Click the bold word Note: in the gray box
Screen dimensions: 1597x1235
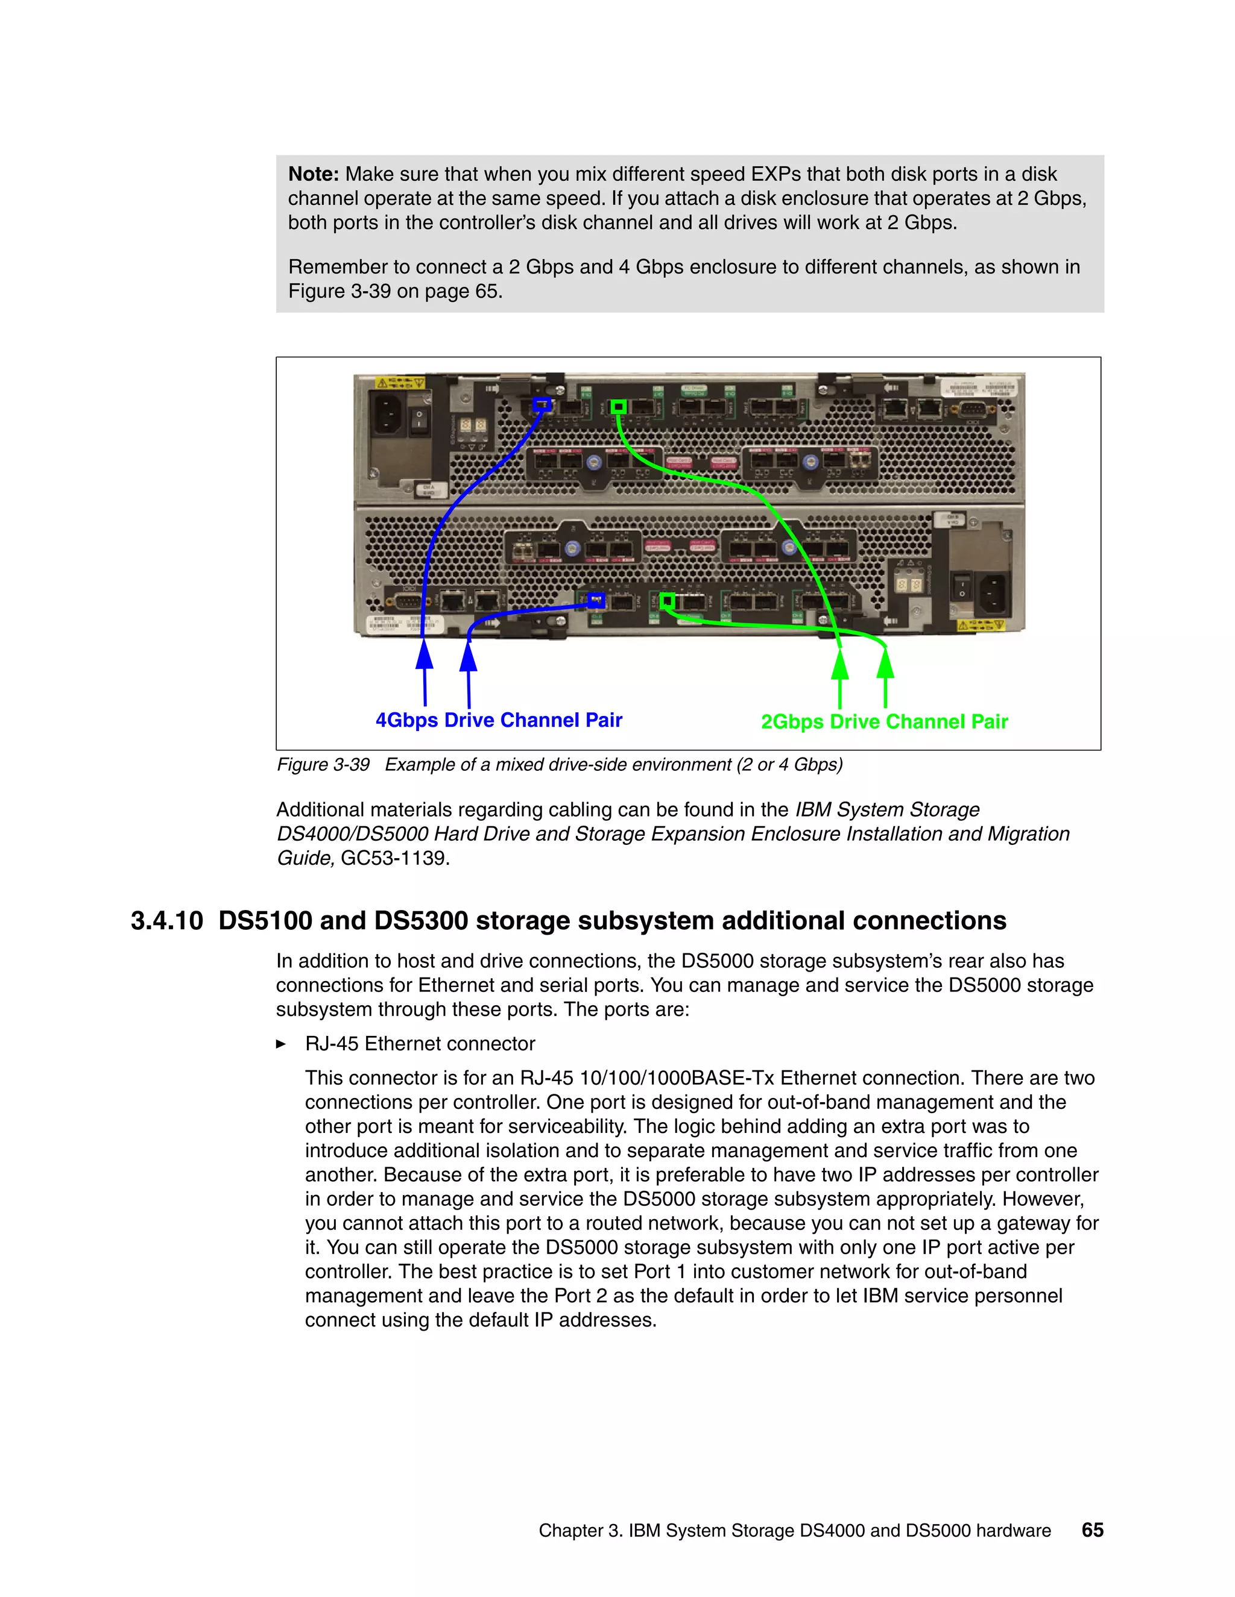pyautogui.click(x=313, y=174)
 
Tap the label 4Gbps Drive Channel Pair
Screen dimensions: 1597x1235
pyautogui.click(x=498, y=720)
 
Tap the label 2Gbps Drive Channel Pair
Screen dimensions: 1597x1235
pyautogui.click(x=884, y=722)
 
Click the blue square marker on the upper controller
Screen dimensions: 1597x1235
pyautogui.click(x=542, y=404)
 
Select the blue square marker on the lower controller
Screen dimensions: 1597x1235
pyautogui.click(x=596, y=600)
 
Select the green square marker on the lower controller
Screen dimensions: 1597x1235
pyautogui.click(x=666, y=601)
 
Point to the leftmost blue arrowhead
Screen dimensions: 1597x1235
pyautogui.click(x=425, y=654)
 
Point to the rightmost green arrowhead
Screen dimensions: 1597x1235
pyautogui.click(x=885, y=664)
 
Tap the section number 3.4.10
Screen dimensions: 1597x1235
pyautogui.click(x=167, y=921)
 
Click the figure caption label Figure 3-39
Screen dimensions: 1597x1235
pyautogui.click(x=323, y=765)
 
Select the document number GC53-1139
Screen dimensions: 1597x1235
pyautogui.click(x=394, y=858)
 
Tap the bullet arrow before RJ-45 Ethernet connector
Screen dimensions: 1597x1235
pyautogui.click(x=281, y=1044)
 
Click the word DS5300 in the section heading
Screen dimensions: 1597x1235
pyautogui.click(x=421, y=921)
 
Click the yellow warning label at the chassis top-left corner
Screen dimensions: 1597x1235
pyautogui.click(x=399, y=383)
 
